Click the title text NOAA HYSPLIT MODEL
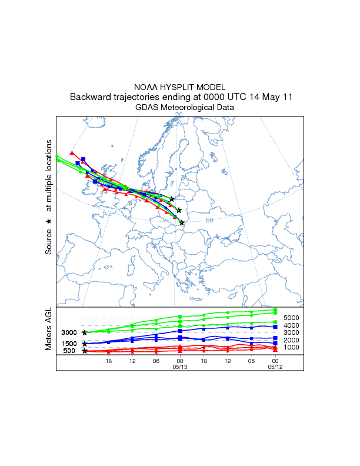(x=180, y=86)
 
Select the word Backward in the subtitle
(x=90, y=96)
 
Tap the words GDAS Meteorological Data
(x=185, y=108)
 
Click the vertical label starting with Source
(x=49, y=197)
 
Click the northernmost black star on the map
(x=172, y=199)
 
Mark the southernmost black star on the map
(x=182, y=222)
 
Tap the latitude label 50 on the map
(x=209, y=220)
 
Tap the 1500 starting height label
(x=69, y=344)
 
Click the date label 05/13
(x=180, y=367)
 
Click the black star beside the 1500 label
(x=85, y=344)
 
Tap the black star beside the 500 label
(x=85, y=351)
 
